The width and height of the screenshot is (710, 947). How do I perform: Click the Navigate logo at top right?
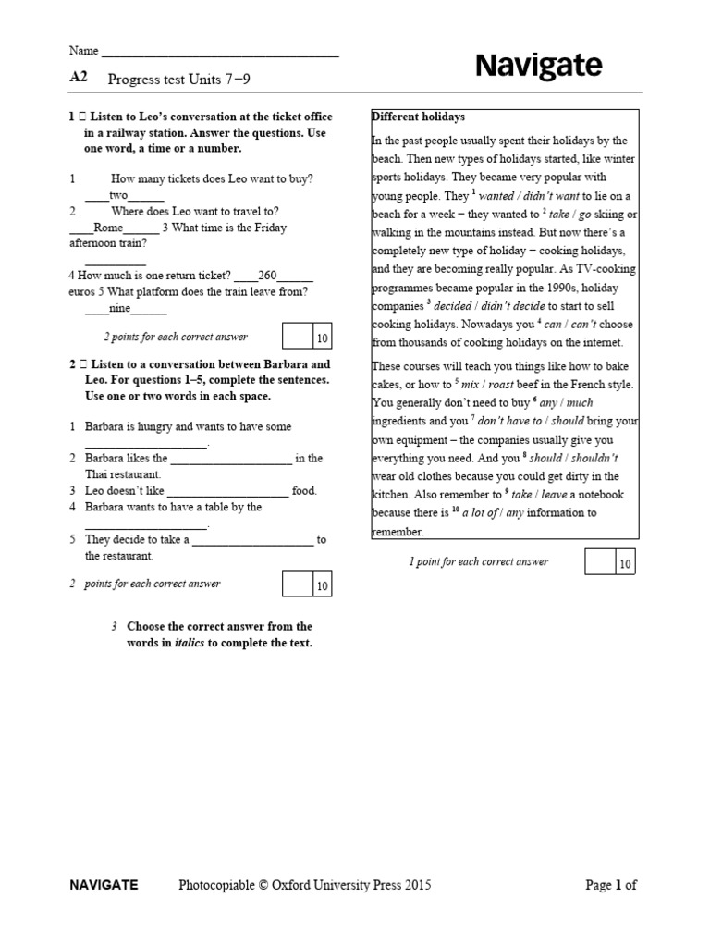click(x=538, y=66)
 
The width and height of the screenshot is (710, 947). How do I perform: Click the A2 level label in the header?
click(x=79, y=79)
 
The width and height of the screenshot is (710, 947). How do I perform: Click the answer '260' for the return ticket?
click(x=267, y=276)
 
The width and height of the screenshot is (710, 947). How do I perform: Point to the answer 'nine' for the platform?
click(x=119, y=308)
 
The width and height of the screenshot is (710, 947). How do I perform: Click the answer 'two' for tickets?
click(x=118, y=196)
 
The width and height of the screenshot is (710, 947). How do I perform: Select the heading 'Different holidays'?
click(x=418, y=117)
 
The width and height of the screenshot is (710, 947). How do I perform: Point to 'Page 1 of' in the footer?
click(x=611, y=885)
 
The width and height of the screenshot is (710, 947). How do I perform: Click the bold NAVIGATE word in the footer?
click(x=104, y=885)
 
